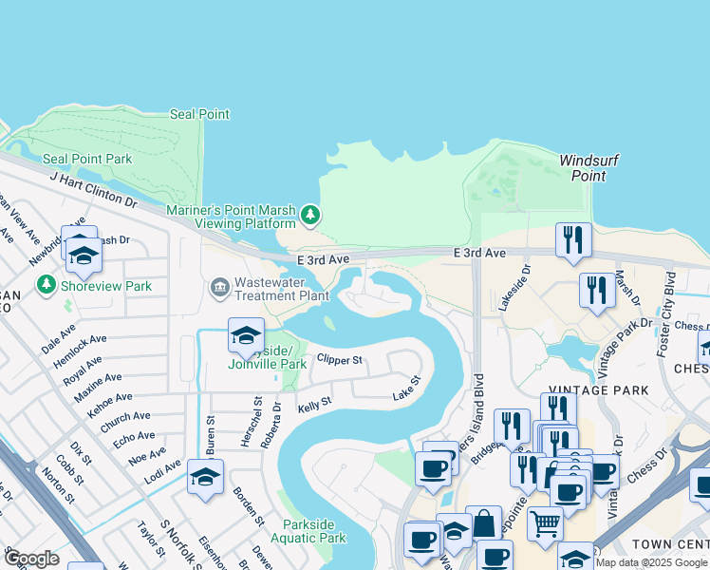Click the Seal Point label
coord(199,114)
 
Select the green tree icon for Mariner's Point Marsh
coord(309,217)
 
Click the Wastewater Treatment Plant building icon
coord(220,286)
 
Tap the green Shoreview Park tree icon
coord(46,285)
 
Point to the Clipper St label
coord(340,360)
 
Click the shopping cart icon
coord(545,522)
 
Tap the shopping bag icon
coord(483,522)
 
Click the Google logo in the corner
coord(30,559)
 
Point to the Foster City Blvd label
coord(665,309)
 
